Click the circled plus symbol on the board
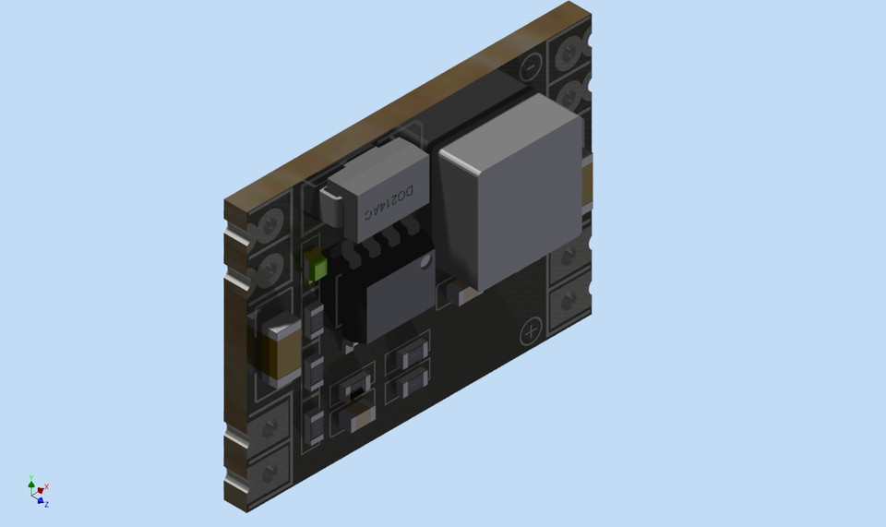pyautogui.click(x=532, y=332)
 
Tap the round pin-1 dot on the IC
pyautogui.click(x=425, y=264)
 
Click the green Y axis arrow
pyautogui.click(x=31, y=482)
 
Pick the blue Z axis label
pyautogui.click(x=46, y=504)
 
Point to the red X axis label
pyautogui.click(x=46, y=486)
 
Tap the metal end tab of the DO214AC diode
pyautogui.click(x=329, y=205)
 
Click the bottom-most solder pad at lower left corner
pyautogui.click(x=270, y=473)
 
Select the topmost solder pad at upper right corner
pyautogui.click(x=569, y=51)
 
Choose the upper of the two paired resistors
pyautogui.click(x=407, y=355)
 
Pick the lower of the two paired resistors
pyautogui.click(x=407, y=380)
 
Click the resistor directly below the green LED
pyautogui.click(x=315, y=319)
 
